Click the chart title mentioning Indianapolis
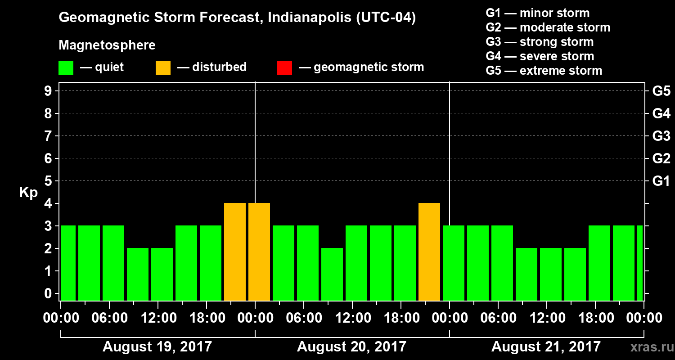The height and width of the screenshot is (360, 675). [x=237, y=18]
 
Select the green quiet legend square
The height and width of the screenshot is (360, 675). [x=66, y=67]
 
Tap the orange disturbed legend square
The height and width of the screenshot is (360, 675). [x=163, y=67]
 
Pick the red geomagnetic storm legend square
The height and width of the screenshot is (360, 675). [x=284, y=67]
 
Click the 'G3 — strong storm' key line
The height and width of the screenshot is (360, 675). [x=540, y=42]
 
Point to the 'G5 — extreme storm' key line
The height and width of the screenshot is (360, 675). [x=544, y=71]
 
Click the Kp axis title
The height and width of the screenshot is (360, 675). [x=28, y=192]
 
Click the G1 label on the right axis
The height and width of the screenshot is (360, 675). [x=661, y=181]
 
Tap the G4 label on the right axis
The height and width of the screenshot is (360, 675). [x=661, y=113]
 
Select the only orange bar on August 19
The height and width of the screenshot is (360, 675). [x=235, y=252]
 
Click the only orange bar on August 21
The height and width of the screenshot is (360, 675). [x=259, y=252]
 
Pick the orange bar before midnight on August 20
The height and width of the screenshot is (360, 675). [x=429, y=252]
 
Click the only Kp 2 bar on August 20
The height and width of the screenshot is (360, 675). [x=332, y=274]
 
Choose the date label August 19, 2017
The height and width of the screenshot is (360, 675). [x=157, y=347]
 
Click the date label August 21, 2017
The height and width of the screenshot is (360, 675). [x=546, y=347]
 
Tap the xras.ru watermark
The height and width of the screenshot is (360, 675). [x=648, y=347]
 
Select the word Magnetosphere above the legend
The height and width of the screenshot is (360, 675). [x=107, y=45]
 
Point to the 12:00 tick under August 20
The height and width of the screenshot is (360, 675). [x=352, y=318]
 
